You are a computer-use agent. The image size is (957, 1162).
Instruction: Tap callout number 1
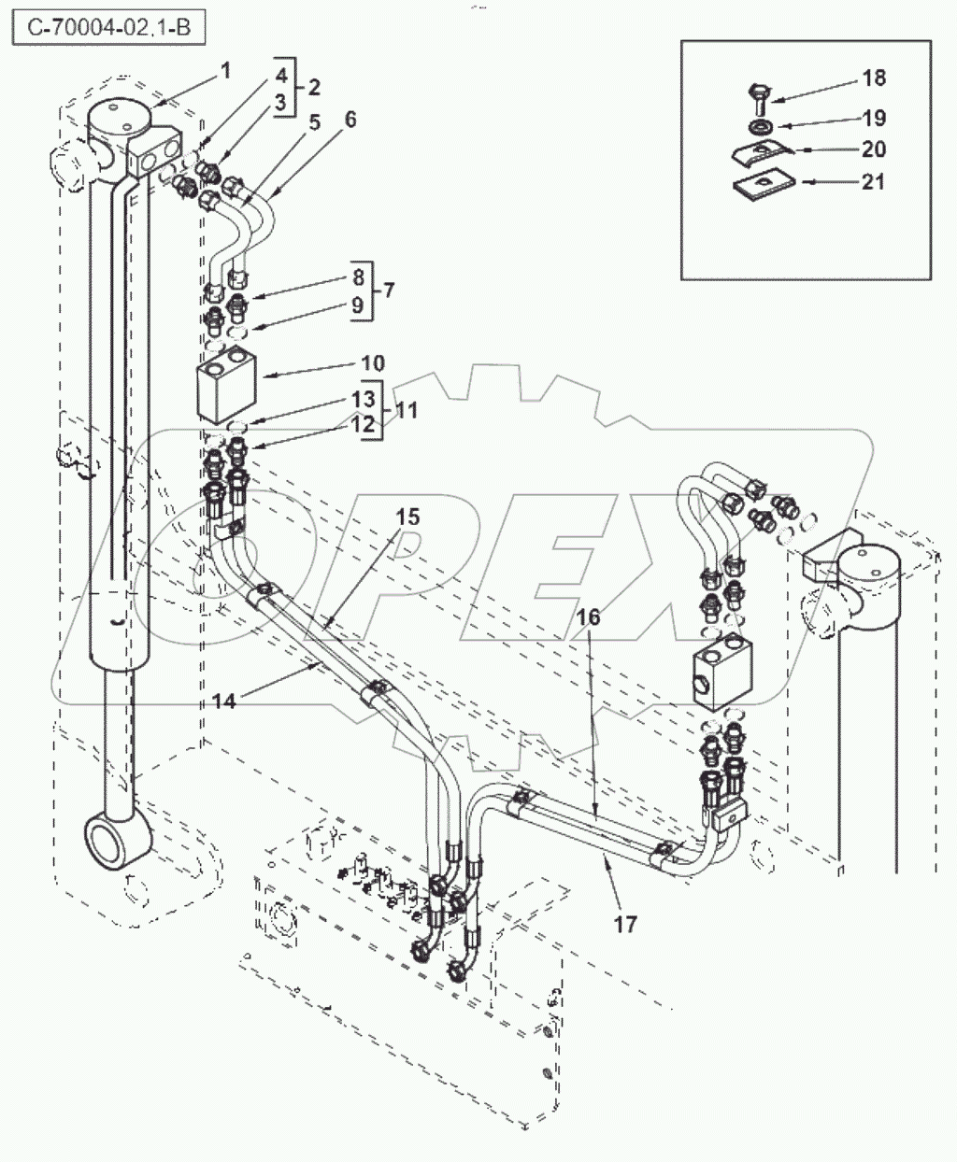pyautogui.click(x=225, y=69)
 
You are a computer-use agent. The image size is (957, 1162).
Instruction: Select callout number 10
pyautogui.click(x=347, y=362)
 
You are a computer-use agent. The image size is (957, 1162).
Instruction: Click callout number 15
pyautogui.click(x=407, y=517)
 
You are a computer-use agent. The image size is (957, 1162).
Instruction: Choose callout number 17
pyautogui.click(x=625, y=924)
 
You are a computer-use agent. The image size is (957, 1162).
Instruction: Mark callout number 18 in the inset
pyautogui.click(x=874, y=78)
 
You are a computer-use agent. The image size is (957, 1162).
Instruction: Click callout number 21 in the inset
pyautogui.click(x=873, y=182)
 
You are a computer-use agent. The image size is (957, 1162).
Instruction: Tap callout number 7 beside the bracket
pyautogui.click(x=388, y=290)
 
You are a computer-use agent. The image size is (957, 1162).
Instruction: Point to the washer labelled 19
pyautogui.click(x=758, y=125)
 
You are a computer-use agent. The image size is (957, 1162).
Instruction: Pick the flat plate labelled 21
pyautogui.click(x=760, y=184)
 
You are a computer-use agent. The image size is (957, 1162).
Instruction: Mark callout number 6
pyautogui.click(x=350, y=120)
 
